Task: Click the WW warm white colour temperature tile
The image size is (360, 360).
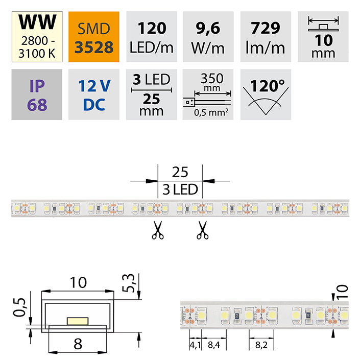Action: [37, 37]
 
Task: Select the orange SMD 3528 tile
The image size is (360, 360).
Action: [93, 37]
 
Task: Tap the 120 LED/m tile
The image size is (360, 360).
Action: [152, 37]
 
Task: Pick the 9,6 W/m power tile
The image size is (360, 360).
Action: [208, 37]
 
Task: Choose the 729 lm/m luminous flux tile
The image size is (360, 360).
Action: [266, 37]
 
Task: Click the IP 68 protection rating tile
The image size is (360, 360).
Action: [37, 94]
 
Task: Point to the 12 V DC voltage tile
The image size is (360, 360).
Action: [93, 94]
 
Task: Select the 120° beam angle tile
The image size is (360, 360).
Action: [266, 94]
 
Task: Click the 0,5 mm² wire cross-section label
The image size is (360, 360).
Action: [211, 112]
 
